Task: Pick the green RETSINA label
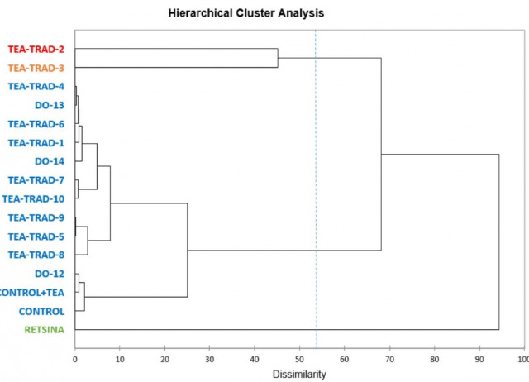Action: pos(41,330)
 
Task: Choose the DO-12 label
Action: pos(49,274)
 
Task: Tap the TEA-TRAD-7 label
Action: pos(36,180)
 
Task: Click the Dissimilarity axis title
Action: pos(299,374)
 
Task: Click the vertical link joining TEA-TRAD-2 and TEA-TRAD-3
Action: pos(278,59)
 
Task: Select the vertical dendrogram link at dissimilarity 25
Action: pos(188,250)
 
